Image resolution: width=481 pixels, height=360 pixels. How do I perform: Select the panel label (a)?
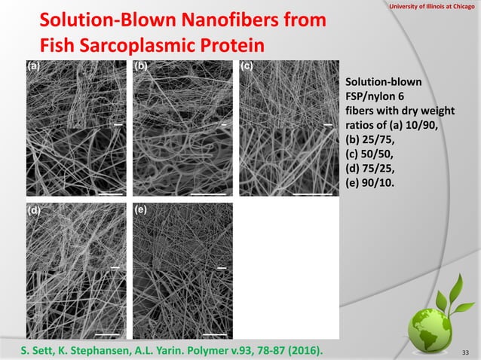click(34, 66)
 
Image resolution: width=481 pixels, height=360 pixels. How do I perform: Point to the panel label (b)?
click(141, 66)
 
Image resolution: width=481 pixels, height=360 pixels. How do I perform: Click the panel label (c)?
click(247, 66)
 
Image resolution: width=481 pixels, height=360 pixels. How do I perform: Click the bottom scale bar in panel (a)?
click(109, 193)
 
